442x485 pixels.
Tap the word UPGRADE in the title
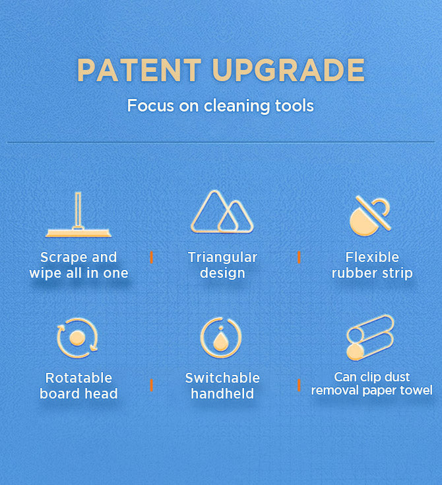tap(288, 70)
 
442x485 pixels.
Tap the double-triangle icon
tap(222, 212)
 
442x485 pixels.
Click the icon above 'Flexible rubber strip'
tap(370, 216)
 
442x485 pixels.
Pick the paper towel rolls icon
tap(370, 337)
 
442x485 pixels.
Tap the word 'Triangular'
tap(222, 257)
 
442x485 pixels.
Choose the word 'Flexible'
tap(372, 257)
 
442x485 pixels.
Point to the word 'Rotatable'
tap(79, 377)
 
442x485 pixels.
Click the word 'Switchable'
tap(222, 377)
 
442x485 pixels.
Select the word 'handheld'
tap(222, 393)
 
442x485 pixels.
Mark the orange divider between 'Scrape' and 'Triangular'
tap(152, 257)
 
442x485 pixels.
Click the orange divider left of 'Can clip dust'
tap(299, 385)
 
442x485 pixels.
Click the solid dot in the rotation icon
tap(77, 338)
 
